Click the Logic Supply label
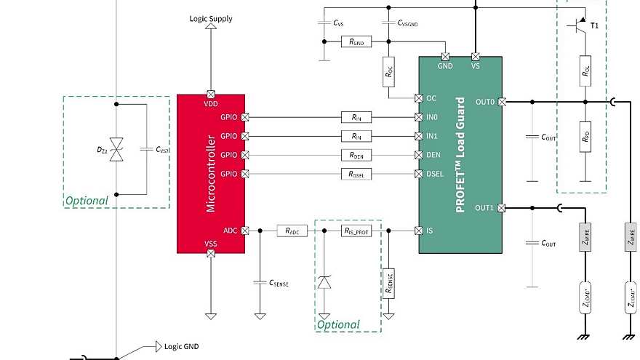[x=211, y=19]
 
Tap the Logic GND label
[x=182, y=347]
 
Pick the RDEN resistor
[x=356, y=155]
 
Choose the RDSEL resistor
[x=356, y=174]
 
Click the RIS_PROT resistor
[x=356, y=231]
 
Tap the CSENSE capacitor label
[x=279, y=284]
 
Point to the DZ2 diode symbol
[x=115, y=148]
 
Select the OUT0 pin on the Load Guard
[x=502, y=103]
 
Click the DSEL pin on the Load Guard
[x=418, y=174]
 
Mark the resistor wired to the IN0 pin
[x=356, y=117]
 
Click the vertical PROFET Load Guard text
[x=460, y=172]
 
